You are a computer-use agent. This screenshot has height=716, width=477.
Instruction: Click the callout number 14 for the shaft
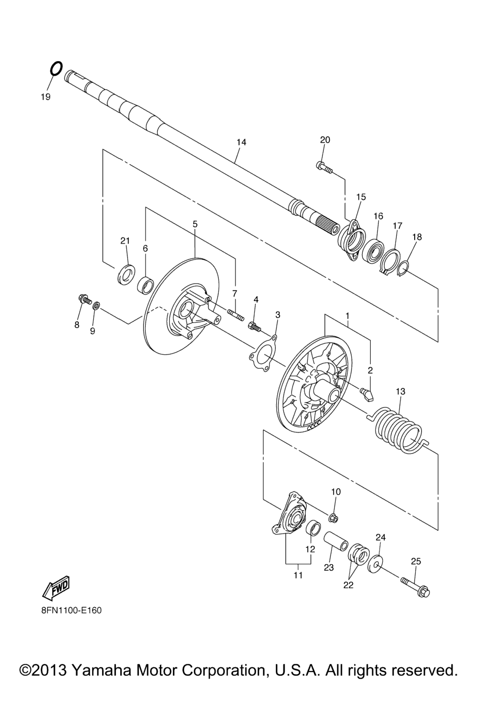(x=242, y=142)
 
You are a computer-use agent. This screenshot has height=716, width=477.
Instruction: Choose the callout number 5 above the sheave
(x=195, y=224)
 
